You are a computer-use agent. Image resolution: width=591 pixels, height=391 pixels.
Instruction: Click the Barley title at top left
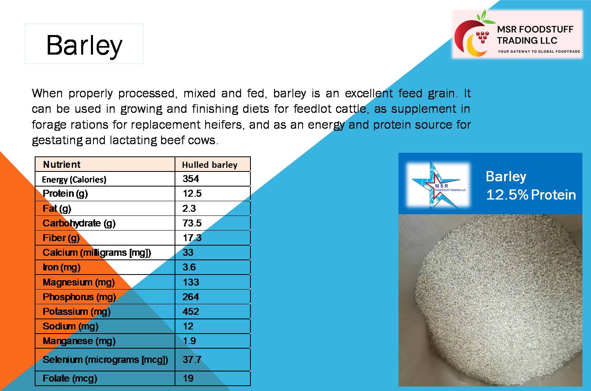84,45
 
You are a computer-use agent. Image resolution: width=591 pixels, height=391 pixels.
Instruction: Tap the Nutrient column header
62,165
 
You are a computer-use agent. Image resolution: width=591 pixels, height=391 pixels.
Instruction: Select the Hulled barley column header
210,165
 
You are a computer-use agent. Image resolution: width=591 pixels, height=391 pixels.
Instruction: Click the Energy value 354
191,179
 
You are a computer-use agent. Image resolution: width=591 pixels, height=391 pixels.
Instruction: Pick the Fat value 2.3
189,209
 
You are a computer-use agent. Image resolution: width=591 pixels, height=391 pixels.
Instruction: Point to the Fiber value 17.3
192,238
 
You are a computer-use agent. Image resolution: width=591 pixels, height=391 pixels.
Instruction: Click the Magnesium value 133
191,282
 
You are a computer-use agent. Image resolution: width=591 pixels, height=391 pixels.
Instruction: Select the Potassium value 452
191,312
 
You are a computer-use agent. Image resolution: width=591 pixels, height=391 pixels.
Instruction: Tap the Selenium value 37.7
192,360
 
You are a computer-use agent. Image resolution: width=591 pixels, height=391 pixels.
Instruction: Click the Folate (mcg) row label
70,379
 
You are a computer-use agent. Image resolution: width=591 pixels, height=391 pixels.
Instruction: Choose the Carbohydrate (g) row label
79,224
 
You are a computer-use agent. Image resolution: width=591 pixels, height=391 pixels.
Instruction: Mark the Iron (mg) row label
62,268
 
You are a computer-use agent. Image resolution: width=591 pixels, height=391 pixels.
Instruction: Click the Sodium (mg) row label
71,327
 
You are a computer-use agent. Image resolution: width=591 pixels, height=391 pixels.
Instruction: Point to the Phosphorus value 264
191,297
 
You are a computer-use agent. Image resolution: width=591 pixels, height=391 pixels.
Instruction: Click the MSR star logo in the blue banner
438,185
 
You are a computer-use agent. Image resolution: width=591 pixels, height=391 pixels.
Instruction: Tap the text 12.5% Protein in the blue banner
531,195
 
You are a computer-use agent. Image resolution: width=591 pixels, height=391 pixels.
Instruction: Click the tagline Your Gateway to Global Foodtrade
539,51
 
